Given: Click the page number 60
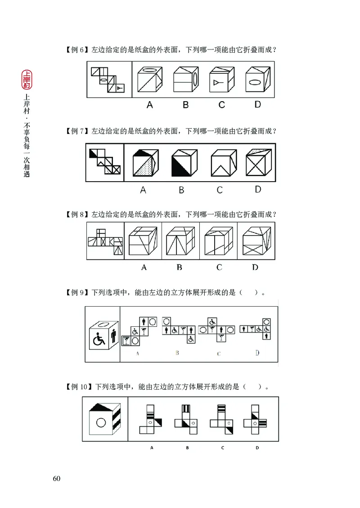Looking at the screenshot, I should coord(56,478).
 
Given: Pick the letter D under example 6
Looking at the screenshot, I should coord(257,104).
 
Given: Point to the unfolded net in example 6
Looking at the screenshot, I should coord(108,80).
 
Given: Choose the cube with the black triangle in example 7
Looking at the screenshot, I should coord(183,163).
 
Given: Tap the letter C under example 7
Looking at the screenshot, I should coord(219,190).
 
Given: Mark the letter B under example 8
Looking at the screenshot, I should coord(179,267).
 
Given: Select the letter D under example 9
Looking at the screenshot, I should coord(257,353).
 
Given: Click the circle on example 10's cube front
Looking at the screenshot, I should coord(101,423).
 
